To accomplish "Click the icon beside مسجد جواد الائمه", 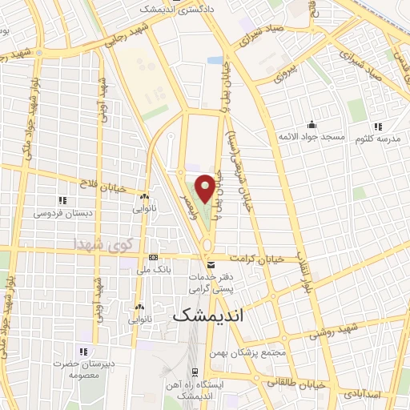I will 312,125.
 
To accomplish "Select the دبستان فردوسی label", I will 62,214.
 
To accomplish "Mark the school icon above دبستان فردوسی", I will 62,200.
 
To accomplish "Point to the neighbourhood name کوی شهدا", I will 99,242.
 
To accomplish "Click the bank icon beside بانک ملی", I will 153,258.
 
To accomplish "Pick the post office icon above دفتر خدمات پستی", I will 211,263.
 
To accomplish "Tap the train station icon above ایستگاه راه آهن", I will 195,372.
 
